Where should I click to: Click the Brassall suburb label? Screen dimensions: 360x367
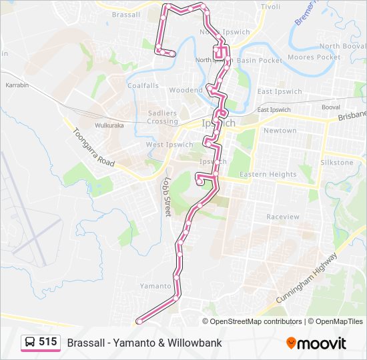pos(126,15)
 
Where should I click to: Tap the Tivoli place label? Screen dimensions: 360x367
pos(270,7)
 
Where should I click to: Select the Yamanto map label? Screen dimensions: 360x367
pos(155,285)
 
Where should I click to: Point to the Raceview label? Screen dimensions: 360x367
pos(283,217)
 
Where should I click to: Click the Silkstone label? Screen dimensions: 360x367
pos(337,163)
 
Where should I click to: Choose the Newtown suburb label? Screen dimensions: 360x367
pos(280,131)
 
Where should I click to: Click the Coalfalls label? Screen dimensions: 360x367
pos(143,85)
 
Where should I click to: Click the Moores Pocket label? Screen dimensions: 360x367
pos(314,57)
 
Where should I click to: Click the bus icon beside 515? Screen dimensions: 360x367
pos(30,343)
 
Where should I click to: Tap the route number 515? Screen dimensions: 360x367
pos(48,342)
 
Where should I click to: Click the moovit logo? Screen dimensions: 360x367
pos(316,343)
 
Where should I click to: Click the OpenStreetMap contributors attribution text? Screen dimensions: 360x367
pos(256,321)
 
